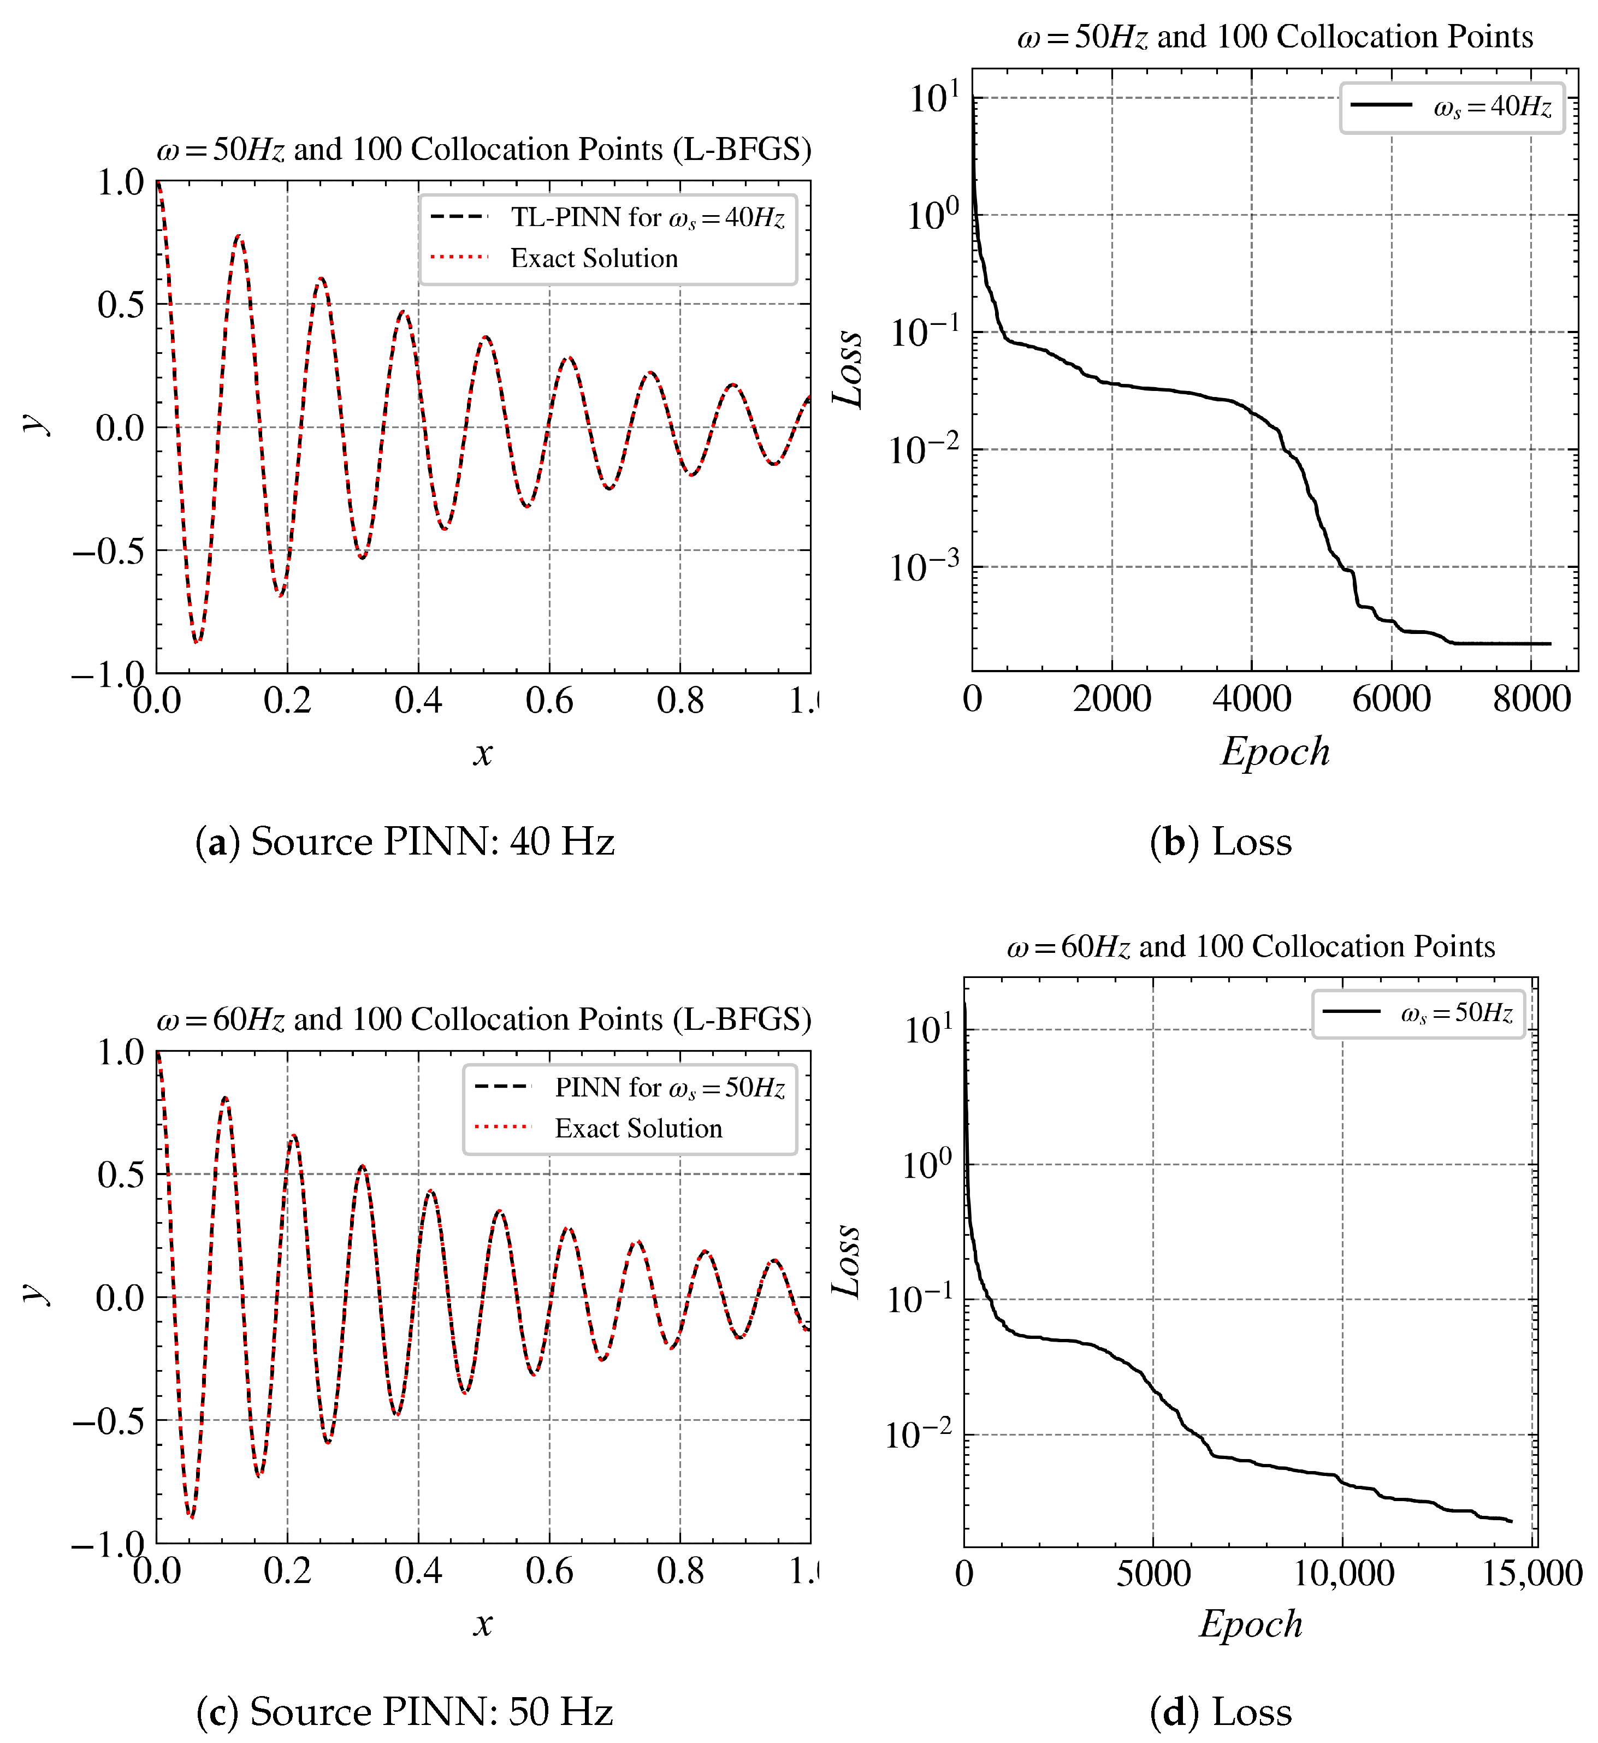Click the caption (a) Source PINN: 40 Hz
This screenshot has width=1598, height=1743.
[x=405, y=841]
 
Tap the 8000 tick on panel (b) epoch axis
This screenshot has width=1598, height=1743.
[x=1530, y=698]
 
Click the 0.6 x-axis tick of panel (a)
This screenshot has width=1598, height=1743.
[x=549, y=700]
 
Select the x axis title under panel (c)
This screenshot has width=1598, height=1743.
[x=483, y=1624]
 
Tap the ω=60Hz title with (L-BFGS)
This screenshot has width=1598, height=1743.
[x=483, y=1019]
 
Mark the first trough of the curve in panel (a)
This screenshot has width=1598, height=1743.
[x=197, y=642]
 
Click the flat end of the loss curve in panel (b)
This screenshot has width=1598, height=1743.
[x=1505, y=643]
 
